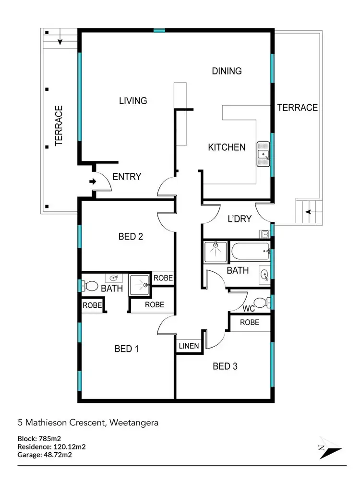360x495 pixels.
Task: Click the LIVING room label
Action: coord(133,100)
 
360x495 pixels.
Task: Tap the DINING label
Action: coord(227,71)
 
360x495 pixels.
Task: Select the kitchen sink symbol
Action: coord(264,154)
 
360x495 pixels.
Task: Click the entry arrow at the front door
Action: coord(93,181)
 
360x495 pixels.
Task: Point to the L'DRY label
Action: coord(239,219)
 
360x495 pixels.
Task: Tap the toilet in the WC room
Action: coord(260,303)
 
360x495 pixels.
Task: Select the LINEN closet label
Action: coord(189,346)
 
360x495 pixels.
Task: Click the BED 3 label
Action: coord(225,366)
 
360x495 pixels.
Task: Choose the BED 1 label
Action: coord(127,349)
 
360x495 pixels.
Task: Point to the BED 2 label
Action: coord(131,236)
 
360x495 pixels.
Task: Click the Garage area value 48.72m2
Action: coord(63,455)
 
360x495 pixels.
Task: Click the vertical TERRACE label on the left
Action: coord(59,125)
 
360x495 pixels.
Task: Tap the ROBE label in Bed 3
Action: coord(249,322)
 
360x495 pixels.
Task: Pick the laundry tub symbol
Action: coord(264,234)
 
